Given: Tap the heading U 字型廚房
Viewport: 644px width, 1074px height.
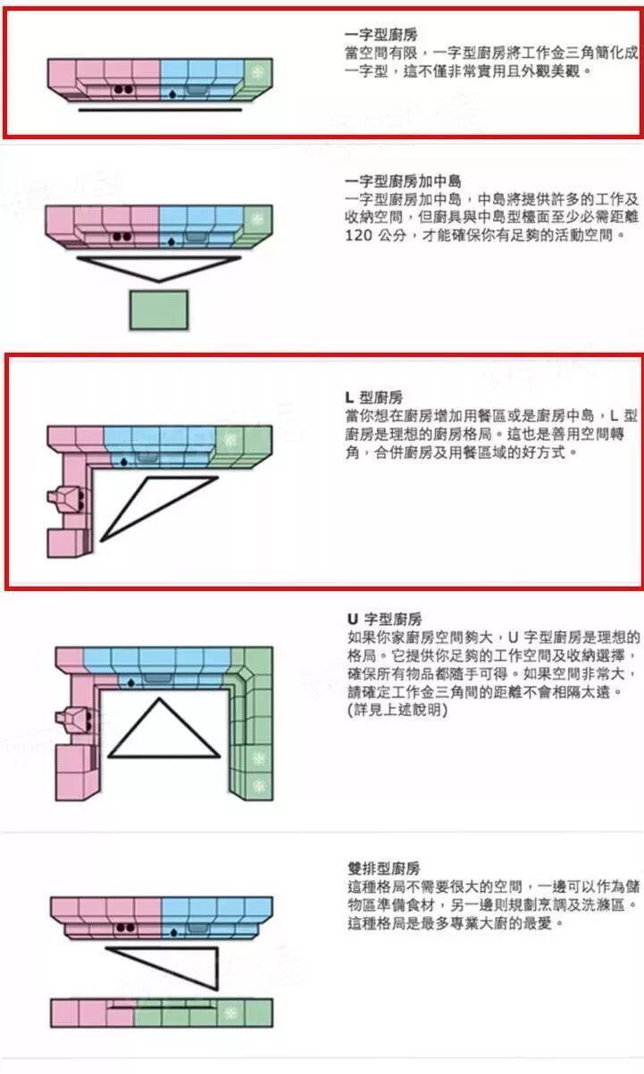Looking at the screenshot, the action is point(384,619).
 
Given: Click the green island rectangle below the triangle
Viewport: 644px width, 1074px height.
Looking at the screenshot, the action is point(159,310).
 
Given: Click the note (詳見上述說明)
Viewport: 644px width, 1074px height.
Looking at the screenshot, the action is point(397,711).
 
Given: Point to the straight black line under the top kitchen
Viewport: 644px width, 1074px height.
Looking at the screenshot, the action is point(159,111).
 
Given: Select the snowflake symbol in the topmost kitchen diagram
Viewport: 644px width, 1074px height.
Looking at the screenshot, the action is point(257,72).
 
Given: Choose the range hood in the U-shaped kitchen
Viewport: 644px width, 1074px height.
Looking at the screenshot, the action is point(71,695).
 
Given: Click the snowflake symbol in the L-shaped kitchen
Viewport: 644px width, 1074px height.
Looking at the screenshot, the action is point(230,439).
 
